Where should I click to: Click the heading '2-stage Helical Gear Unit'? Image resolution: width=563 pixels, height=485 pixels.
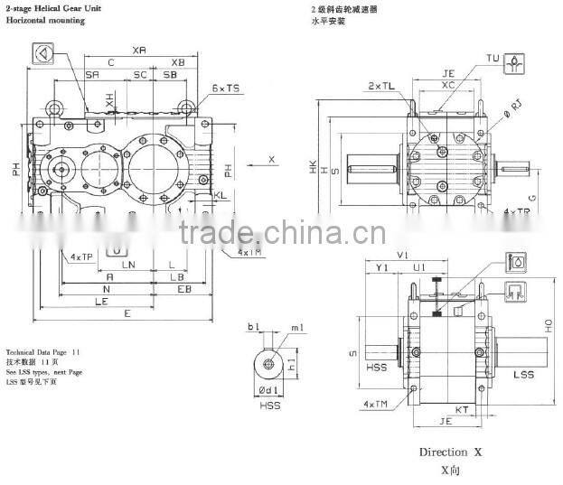[53, 8]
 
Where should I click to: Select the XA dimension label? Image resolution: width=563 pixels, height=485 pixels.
[139, 50]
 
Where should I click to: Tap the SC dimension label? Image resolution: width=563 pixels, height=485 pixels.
[140, 74]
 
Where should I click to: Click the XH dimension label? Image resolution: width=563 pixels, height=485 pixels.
[110, 103]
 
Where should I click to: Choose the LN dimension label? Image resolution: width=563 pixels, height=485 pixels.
[128, 265]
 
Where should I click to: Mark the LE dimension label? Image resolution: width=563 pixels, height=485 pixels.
[101, 302]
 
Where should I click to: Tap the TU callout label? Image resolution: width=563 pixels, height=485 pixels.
[493, 59]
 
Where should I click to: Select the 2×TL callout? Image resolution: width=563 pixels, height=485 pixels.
[380, 86]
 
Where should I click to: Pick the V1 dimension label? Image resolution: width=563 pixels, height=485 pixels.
[402, 256]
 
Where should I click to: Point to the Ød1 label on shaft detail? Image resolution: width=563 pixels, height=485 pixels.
[269, 391]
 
